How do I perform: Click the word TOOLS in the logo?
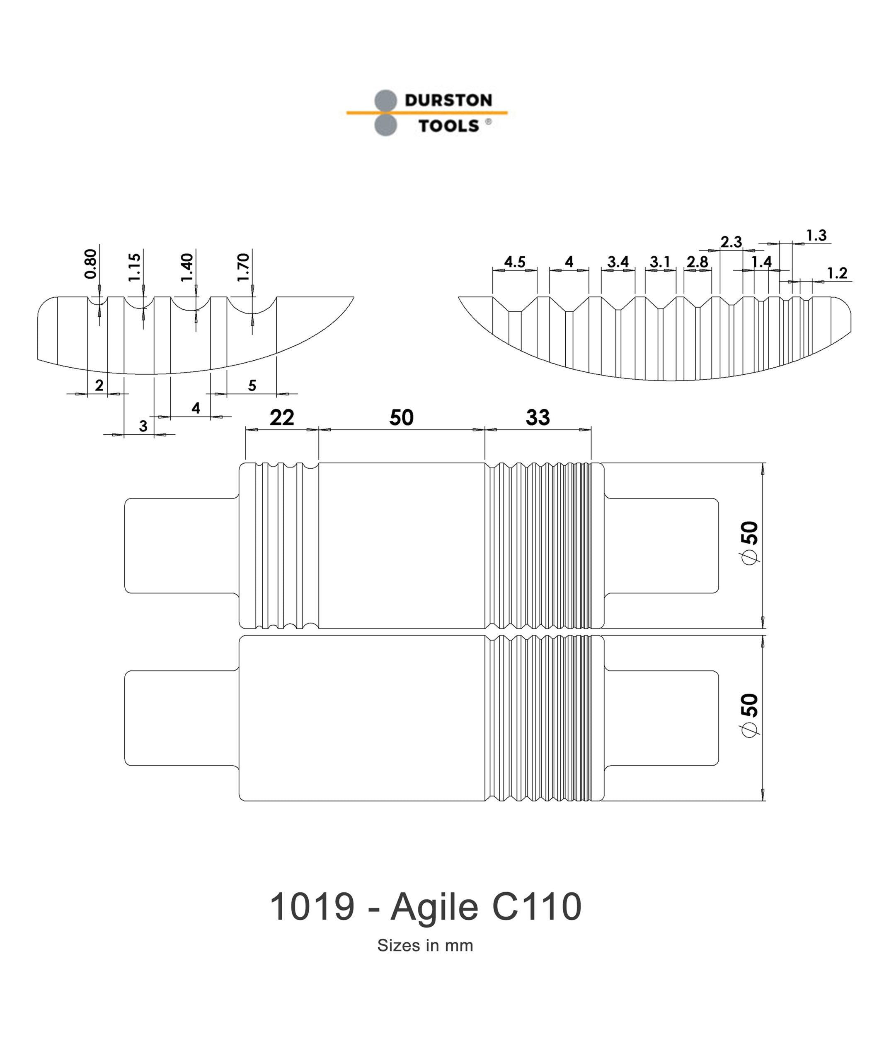pos(448,126)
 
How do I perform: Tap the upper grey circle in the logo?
pos(385,100)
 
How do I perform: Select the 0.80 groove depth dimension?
pos(91,263)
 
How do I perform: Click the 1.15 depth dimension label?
pos(134,267)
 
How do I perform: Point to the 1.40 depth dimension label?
pos(187,267)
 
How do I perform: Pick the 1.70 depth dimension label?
pos(243,267)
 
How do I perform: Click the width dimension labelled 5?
pos(252,385)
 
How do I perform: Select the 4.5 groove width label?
pos(515,262)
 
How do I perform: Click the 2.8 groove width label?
pos(697,262)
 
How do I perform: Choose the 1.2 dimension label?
pos(836,273)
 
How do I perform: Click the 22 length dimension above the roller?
pos(281,417)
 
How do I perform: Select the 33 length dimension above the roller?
pos(538,417)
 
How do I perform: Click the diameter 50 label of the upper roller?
pos(751,542)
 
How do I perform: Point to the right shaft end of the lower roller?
pos(662,717)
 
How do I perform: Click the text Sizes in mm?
pos(425,945)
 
